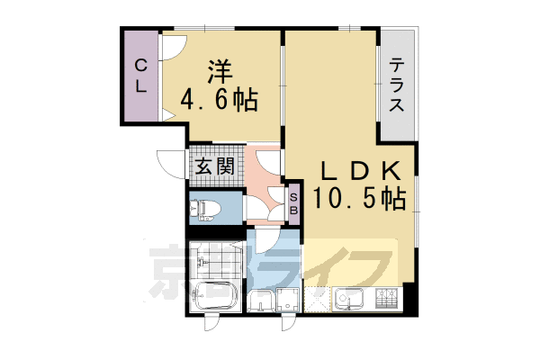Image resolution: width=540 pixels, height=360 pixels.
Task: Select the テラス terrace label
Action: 398,85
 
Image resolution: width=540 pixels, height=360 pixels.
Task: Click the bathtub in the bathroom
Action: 213,297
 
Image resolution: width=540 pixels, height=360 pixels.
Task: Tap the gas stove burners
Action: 388,296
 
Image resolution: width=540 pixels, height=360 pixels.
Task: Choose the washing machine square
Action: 290,301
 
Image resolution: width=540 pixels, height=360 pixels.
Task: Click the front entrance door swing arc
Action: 170,163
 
